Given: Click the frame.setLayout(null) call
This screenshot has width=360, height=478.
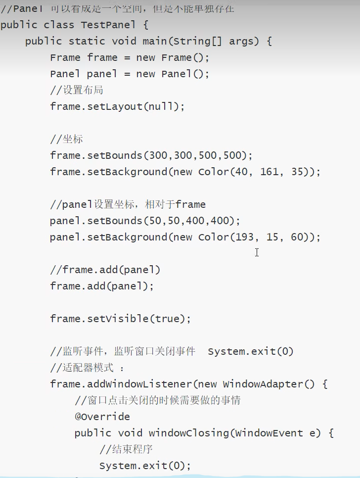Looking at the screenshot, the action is [117, 106].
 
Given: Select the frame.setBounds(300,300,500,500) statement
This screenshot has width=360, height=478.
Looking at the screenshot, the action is [151, 155].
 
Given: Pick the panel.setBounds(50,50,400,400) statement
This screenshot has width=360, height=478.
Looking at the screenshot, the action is [145, 221].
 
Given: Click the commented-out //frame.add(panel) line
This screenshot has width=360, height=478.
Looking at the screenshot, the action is [105, 270].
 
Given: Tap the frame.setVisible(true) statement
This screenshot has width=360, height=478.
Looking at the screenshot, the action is [120, 319].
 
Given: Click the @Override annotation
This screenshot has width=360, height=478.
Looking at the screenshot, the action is [102, 417].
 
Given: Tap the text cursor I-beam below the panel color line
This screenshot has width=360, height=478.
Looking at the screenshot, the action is [257, 252].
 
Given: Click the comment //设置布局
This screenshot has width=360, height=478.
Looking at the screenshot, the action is [77, 90].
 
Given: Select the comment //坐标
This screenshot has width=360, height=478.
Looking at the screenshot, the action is [66, 139].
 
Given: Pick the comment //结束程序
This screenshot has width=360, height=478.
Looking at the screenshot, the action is [126, 449].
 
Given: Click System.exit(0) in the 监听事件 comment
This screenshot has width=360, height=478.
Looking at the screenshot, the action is [250, 351].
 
